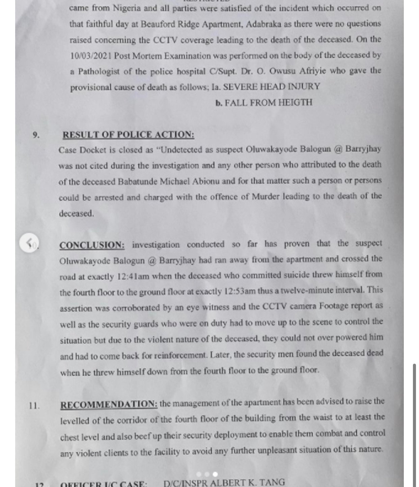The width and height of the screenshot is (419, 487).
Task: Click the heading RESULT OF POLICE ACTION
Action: pos(128,135)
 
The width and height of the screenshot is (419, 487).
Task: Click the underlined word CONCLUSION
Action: pos(92,245)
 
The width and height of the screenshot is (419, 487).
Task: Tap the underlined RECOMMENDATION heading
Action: pos(109,404)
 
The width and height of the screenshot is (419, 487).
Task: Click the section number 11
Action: pos(34,406)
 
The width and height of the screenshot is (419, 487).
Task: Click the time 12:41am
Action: pos(133,277)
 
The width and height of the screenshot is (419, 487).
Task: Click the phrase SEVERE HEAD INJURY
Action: pos(271,87)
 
